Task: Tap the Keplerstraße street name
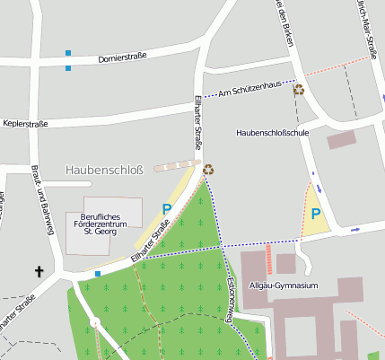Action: (26, 122)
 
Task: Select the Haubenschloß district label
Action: (104, 169)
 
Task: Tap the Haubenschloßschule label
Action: (272, 132)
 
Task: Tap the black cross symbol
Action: (39, 270)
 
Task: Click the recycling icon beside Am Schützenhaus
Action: (299, 89)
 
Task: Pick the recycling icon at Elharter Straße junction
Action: (208, 168)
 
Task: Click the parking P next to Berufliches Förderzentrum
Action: (166, 208)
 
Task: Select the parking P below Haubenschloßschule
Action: (314, 214)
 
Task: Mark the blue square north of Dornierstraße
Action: (68, 52)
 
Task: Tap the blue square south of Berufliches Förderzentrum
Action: (97, 273)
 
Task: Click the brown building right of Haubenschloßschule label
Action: (341, 139)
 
